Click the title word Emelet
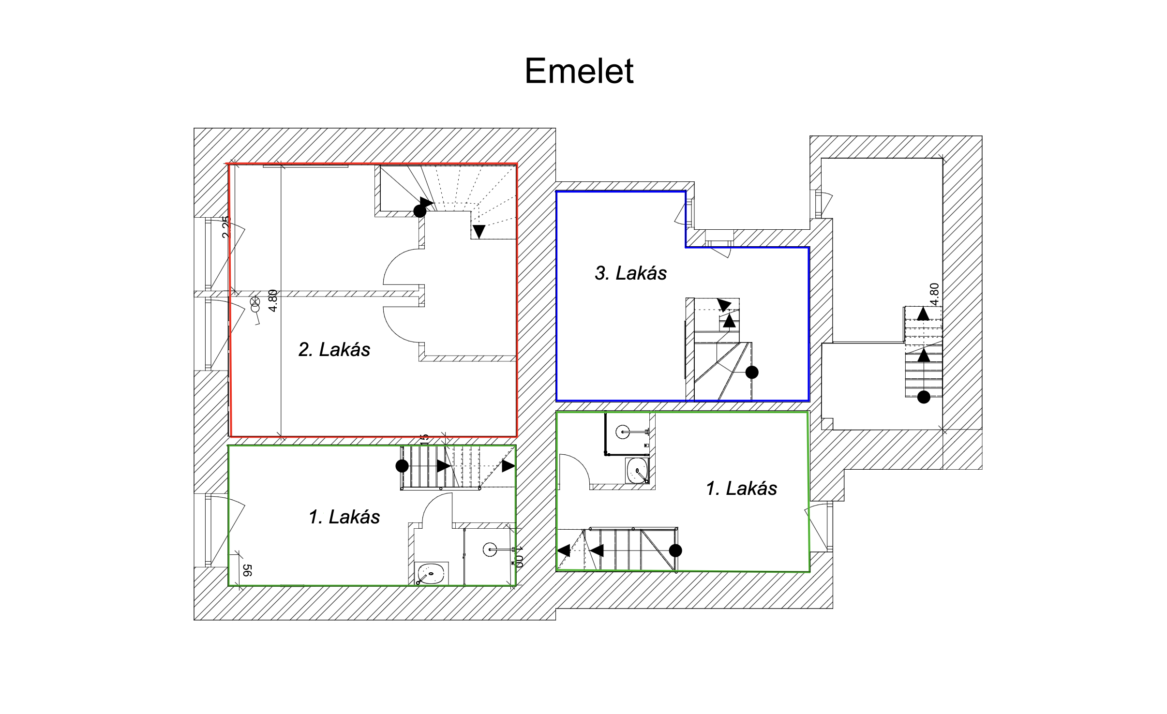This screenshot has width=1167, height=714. (x=579, y=71)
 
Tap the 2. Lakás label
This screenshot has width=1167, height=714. (x=334, y=349)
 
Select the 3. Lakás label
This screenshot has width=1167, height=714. (x=630, y=273)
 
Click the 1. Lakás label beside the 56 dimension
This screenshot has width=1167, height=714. (x=344, y=517)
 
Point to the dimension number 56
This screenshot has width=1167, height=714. (x=247, y=570)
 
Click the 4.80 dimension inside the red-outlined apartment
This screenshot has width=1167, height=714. (x=273, y=300)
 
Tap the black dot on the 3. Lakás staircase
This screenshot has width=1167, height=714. (x=752, y=372)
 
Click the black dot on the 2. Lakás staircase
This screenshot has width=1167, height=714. (x=420, y=211)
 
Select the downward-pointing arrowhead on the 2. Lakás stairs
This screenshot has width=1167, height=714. (x=479, y=231)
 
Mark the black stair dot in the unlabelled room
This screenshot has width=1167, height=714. (x=924, y=397)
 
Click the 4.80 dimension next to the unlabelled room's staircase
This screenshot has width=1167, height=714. (x=934, y=294)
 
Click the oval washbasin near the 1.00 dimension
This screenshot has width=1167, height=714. (x=431, y=574)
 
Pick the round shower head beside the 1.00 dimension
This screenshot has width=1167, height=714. (x=490, y=550)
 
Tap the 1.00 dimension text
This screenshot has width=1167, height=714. (x=519, y=557)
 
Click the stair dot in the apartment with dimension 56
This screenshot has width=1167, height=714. (x=402, y=466)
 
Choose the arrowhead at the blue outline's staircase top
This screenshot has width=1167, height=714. (x=724, y=305)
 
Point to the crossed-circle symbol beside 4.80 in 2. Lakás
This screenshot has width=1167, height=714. (x=255, y=303)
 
